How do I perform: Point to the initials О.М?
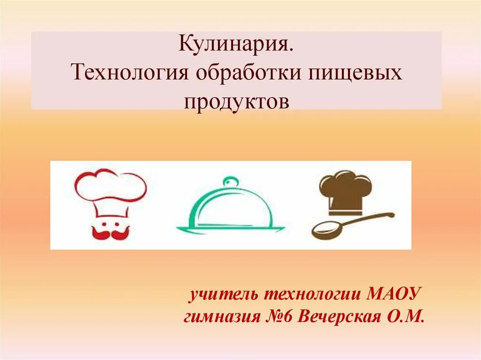tap(406, 317)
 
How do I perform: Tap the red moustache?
tap(110, 231)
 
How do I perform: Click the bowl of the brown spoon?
tap(326, 230)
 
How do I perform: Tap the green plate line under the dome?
tap(231, 230)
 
